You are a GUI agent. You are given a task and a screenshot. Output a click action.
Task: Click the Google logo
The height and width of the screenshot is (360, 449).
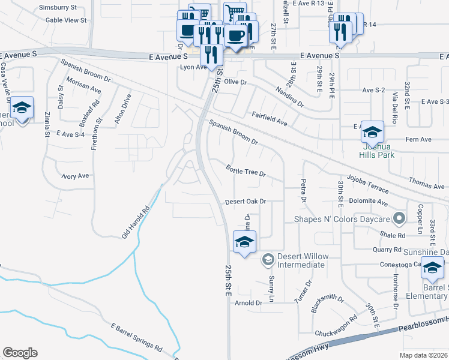click(x=20, y=353)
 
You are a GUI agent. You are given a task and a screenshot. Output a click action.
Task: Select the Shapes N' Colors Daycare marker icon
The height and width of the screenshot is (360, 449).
click(x=397, y=218)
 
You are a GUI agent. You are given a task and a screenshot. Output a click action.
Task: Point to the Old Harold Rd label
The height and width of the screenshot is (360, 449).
click(x=136, y=223)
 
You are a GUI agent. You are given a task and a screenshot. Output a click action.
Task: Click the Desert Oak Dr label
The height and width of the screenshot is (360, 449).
click(x=245, y=202)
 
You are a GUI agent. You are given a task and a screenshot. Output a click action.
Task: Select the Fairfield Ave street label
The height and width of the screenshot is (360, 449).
click(x=270, y=118)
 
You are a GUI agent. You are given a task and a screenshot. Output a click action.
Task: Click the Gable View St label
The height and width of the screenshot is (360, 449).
click(x=66, y=20)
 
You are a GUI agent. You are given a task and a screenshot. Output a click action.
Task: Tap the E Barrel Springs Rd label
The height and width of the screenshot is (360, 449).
click(x=137, y=337)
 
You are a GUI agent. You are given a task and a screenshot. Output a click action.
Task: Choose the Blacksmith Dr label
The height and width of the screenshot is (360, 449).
click(x=328, y=305)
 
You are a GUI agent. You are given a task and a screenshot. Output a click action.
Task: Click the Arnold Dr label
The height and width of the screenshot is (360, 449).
click(x=249, y=303)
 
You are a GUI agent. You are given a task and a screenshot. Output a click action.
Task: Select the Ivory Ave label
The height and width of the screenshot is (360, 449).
click(x=75, y=176)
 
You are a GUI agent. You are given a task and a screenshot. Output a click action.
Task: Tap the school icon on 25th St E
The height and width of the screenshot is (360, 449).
click(x=244, y=242)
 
